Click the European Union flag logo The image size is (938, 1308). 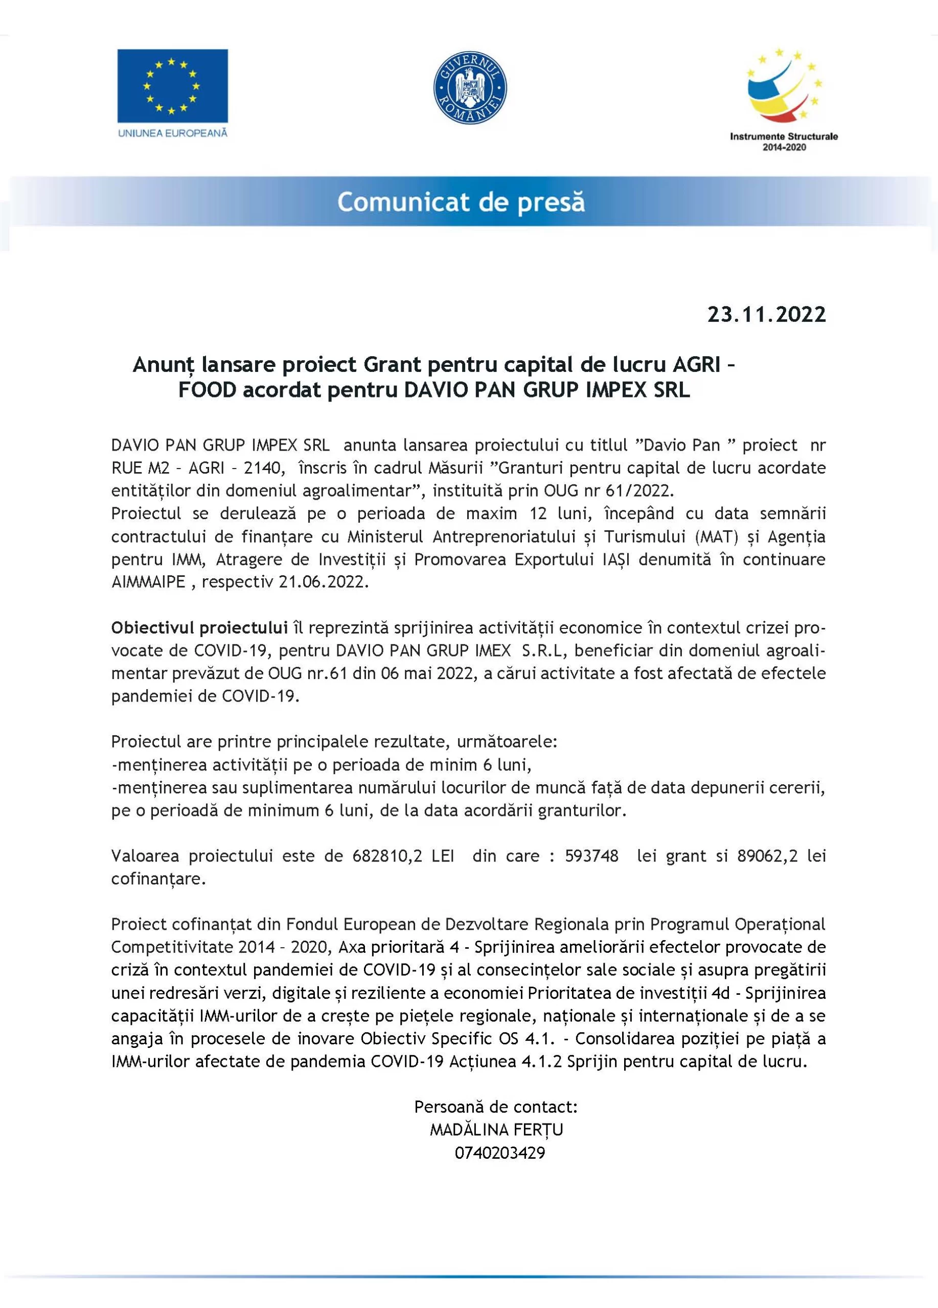click(172, 85)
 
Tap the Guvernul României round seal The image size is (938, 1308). click(470, 88)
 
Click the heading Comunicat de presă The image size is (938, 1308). click(461, 202)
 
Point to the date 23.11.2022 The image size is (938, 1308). click(767, 315)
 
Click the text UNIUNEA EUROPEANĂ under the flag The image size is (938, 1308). click(172, 133)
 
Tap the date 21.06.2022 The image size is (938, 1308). click(323, 582)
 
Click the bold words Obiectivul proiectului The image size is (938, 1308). click(199, 627)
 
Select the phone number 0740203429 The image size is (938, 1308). click(499, 1153)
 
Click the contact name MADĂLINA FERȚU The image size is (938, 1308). click(496, 1130)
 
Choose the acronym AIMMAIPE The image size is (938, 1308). click(148, 582)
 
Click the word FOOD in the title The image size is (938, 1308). click(207, 390)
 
